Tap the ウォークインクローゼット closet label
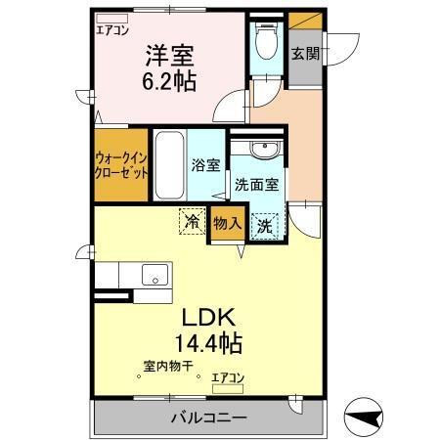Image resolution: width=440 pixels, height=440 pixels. pyautogui.click(x=122, y=162)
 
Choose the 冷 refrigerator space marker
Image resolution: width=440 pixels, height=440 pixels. pyautogui.click(x=192, y=223)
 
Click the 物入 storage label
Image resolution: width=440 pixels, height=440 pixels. pyautogui.click(x=227, y=224)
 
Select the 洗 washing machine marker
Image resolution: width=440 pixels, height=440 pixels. pyautogui.click(x=265, y=224)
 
